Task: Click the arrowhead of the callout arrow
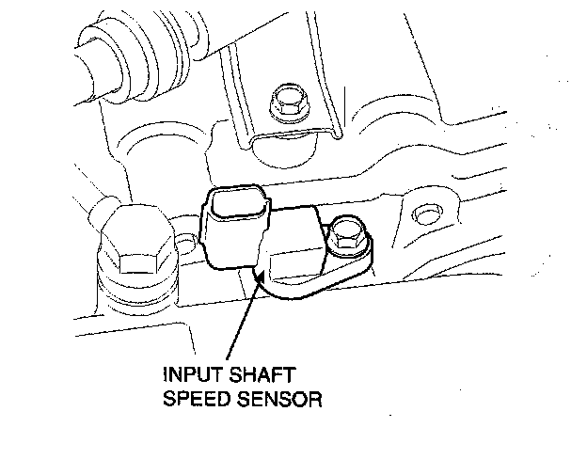(x=258, y=274)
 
